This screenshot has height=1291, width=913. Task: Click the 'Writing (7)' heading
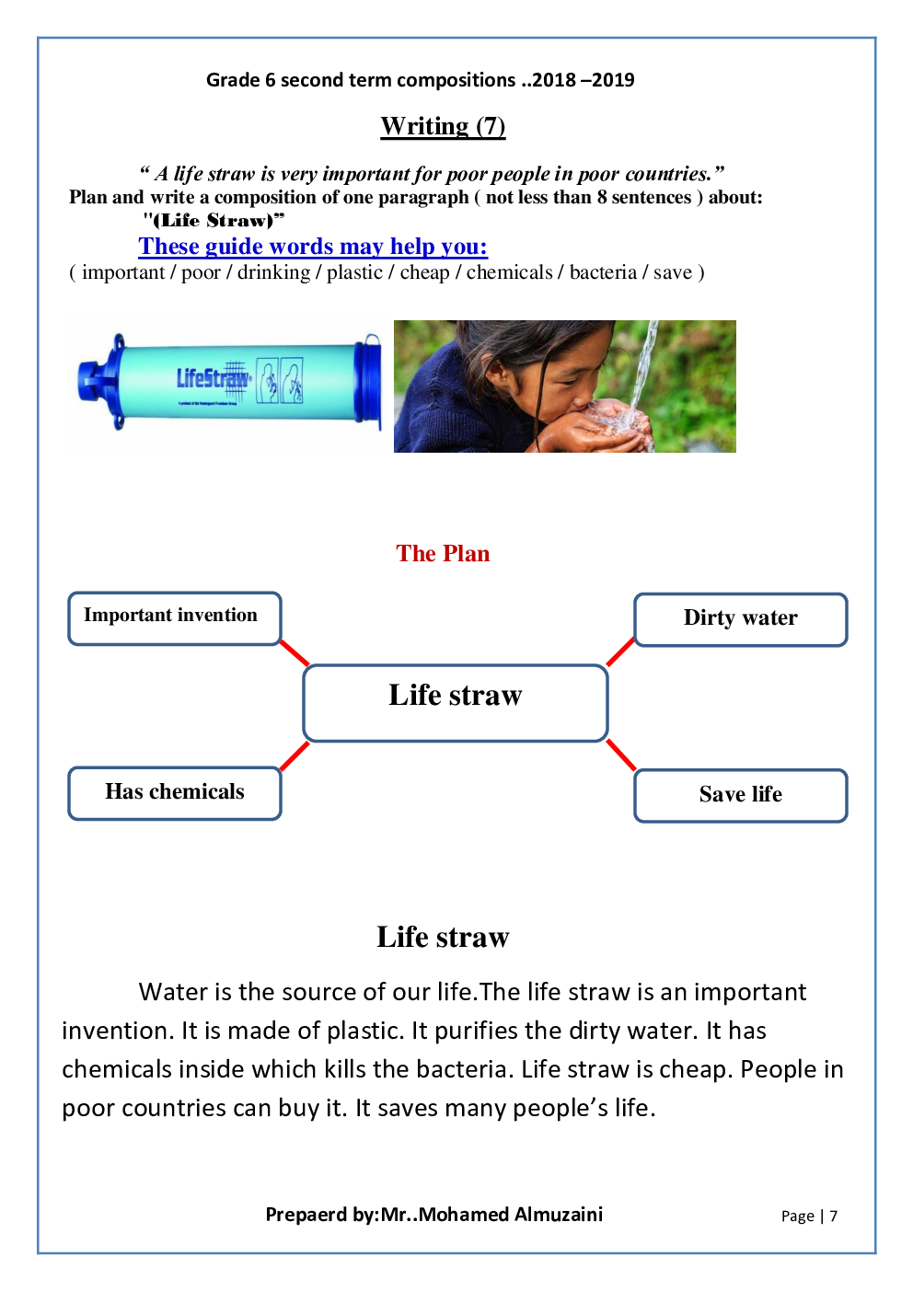click(x=443, y=126)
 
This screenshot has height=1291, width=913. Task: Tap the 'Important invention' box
click(x=174, y=617)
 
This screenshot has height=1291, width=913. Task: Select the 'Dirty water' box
click(x=740, y=619)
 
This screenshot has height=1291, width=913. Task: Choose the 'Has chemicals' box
click(x=174, y=792)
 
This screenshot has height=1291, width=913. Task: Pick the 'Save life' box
click(x=740, y=795)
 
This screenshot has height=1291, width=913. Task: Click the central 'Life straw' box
click(x=455, y=703)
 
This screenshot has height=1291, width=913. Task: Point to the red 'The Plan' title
click(x=443, y=554)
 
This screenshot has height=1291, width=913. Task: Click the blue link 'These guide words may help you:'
click(x=313, y=247)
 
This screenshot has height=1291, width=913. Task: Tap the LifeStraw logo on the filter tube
click(x=213, y=378)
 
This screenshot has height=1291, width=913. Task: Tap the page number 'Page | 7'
click(x=809, y=1216)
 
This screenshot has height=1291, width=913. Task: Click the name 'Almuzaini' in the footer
click(x=558, y=1215)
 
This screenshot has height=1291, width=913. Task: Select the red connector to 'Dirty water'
click(x=620, y=651)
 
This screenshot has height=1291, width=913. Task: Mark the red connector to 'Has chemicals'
click(x=295, y=755)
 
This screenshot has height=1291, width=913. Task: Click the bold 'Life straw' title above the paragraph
click(x=443, y=938)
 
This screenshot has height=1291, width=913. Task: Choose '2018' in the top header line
click(x=554, y=80)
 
